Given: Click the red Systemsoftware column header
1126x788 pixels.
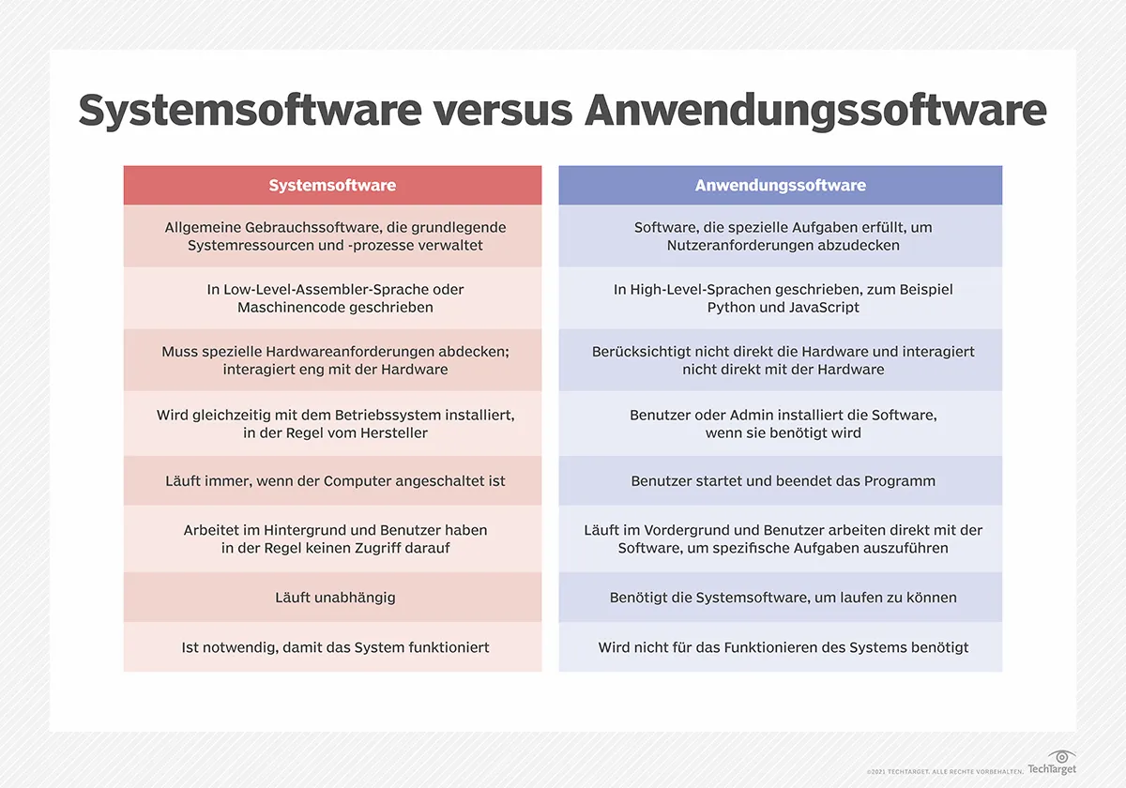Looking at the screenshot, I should (332, 186).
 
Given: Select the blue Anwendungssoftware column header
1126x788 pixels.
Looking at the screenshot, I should (780, 186).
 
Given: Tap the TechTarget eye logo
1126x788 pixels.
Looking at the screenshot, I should (1062, 758).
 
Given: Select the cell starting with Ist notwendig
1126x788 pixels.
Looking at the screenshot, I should (335, 647).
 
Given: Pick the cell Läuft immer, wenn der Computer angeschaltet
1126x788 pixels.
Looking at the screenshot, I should (335, 481).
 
